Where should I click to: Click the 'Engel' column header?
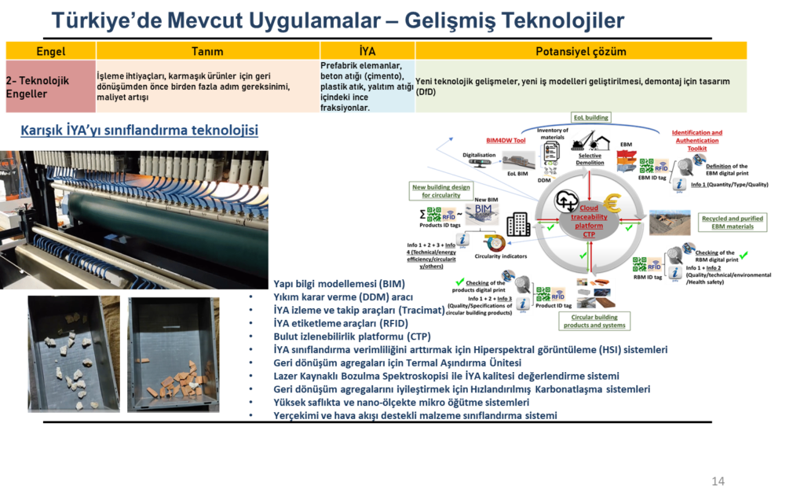(x=50, y=51)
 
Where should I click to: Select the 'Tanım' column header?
(x=207, y=51)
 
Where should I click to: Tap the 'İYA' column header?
(x=367, y=51)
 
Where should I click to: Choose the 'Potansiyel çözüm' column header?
(x=580, y=51)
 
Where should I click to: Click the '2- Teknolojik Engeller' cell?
(x=50, y=87)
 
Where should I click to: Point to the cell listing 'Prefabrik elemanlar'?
(x=367, y=87)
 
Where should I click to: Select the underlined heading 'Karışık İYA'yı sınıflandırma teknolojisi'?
(x=139, y=130)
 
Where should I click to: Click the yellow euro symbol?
(x=610, y=202)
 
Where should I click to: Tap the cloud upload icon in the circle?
(x=566, y=201)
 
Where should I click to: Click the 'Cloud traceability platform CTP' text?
(x=588, y=222)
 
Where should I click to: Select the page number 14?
(x=717, y=480)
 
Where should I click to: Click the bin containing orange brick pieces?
(x=174, y=354)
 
